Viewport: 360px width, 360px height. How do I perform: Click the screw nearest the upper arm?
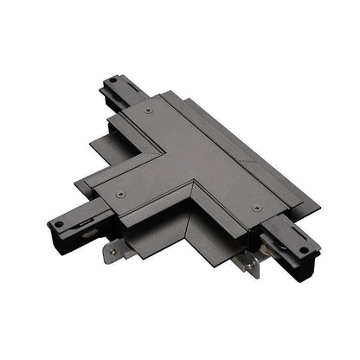[148, 111]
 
